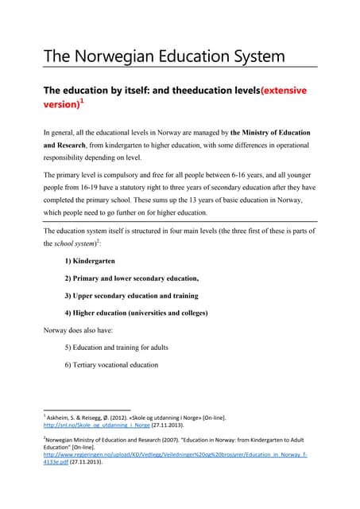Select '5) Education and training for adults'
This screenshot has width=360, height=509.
tap(117, 348)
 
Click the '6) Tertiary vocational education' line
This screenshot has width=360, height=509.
tap(111, 365)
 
